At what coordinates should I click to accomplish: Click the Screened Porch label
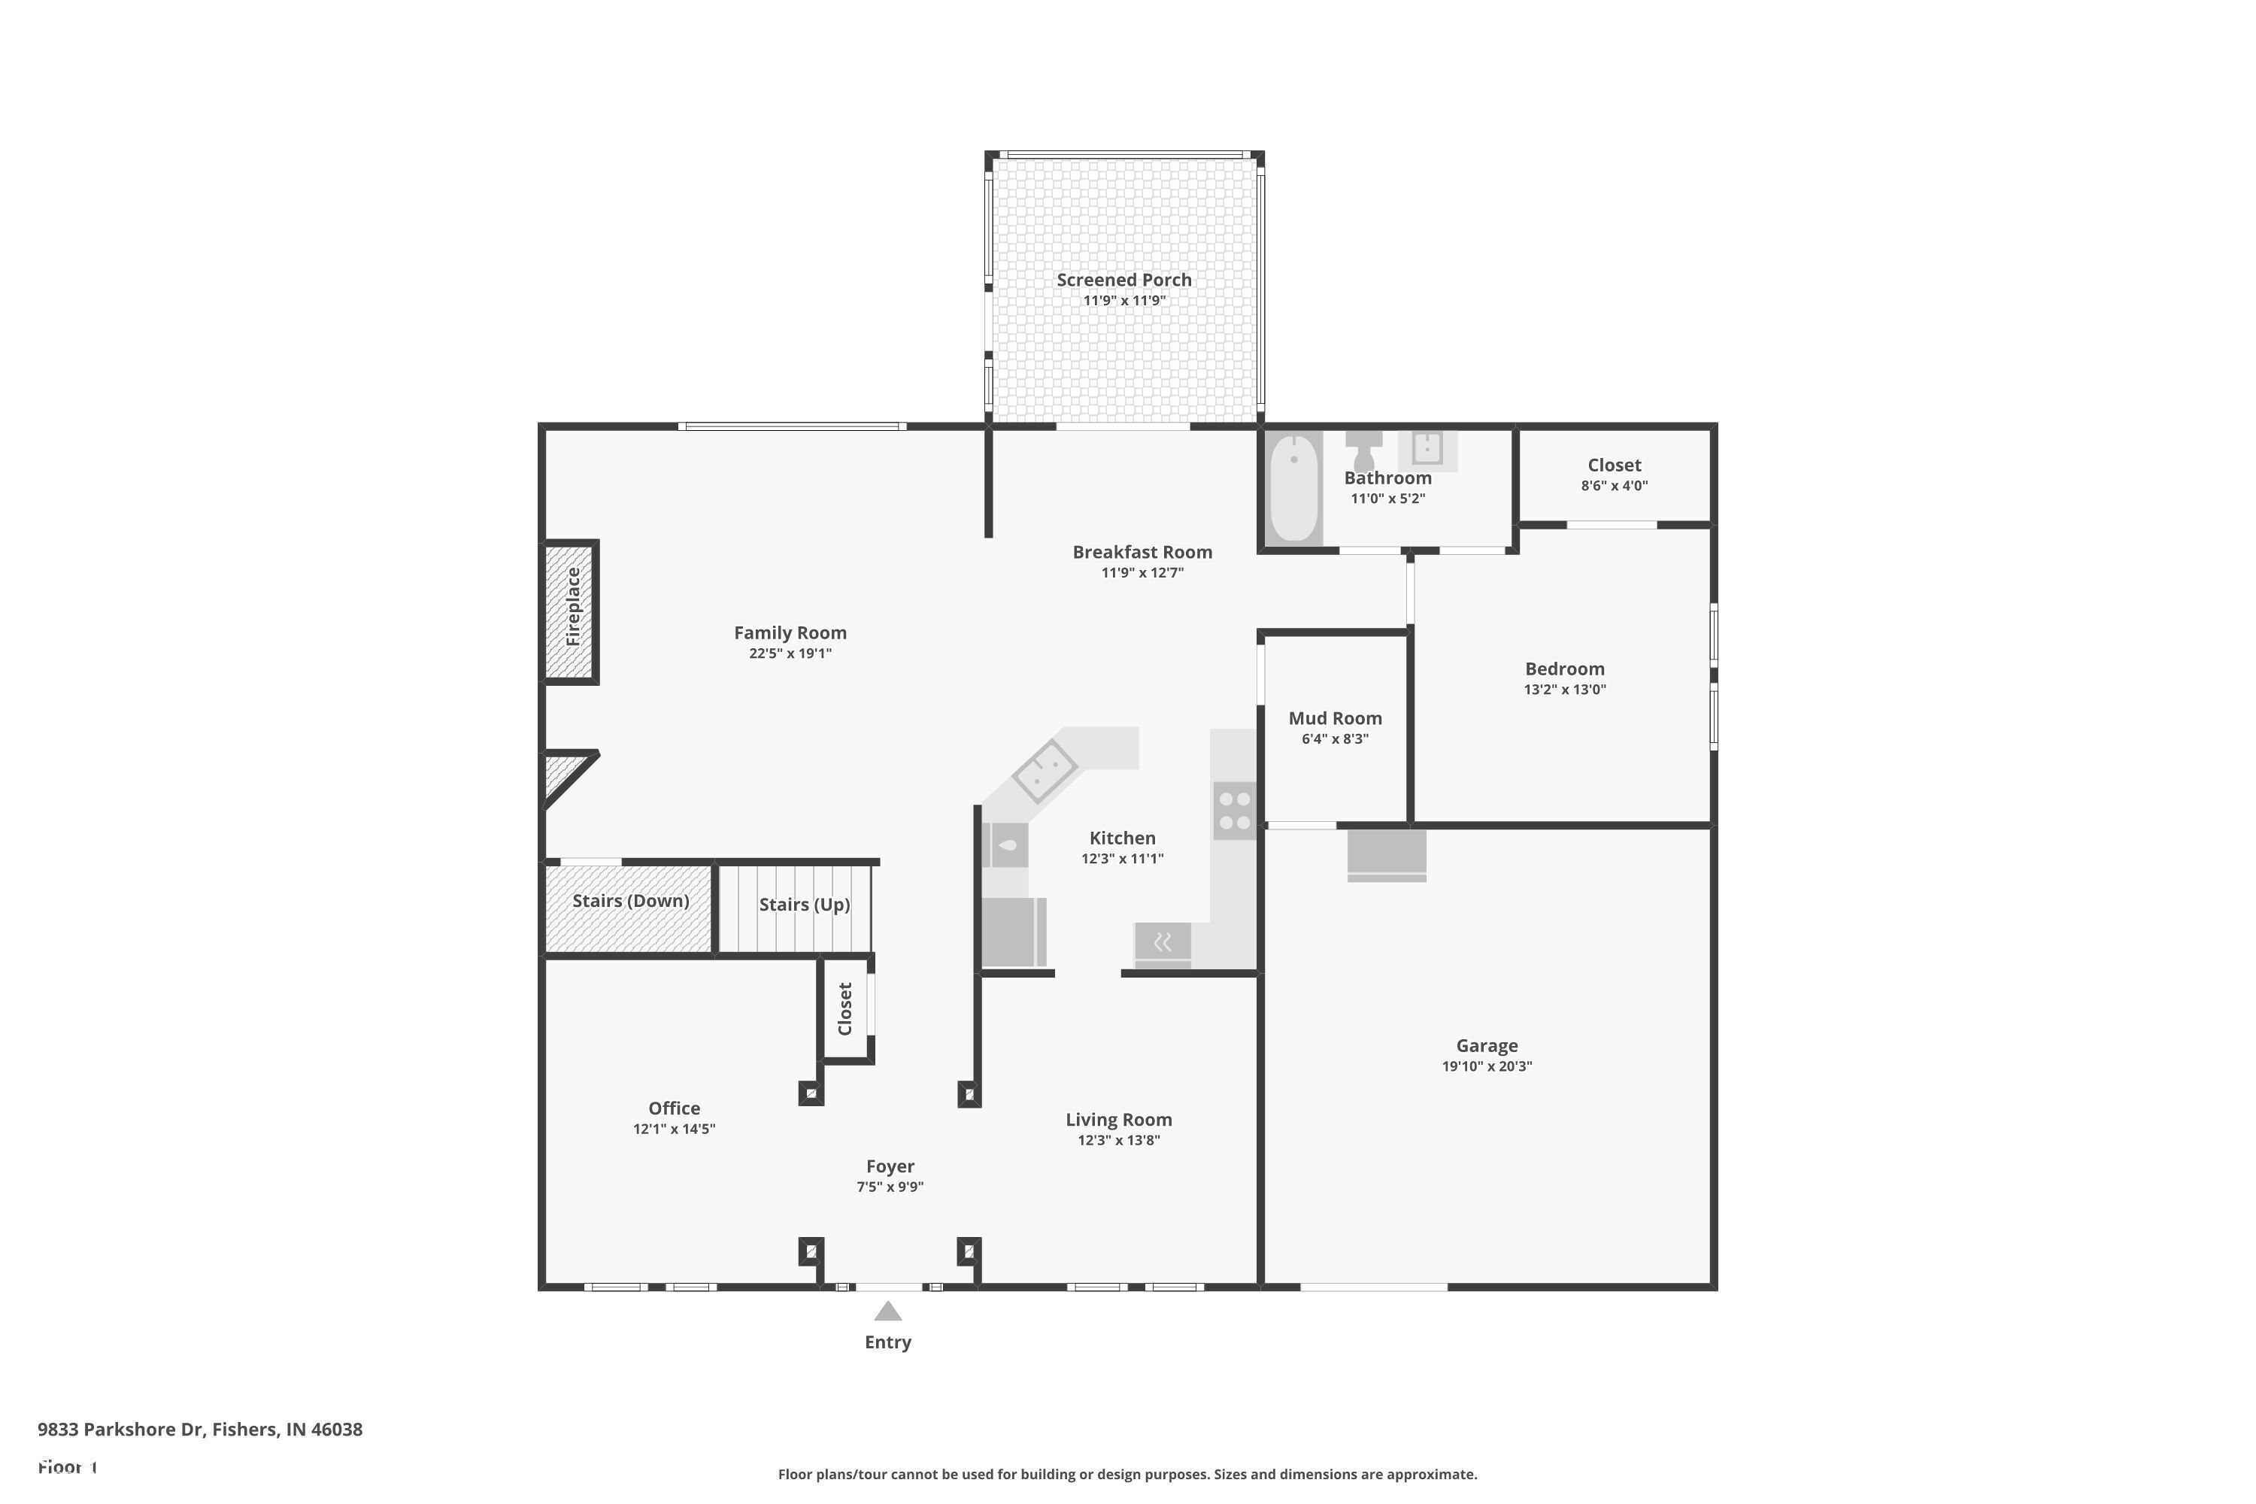point(1123,280)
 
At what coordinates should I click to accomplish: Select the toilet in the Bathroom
point(1363,450)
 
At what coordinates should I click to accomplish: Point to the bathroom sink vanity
point(1427,449)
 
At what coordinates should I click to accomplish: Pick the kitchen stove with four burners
point(1235,811)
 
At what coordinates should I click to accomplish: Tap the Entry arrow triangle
point(887,1311)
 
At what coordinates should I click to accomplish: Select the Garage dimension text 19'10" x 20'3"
point(1487,1066)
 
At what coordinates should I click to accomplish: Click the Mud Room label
point(1334,718)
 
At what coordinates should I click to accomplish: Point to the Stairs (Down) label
point(630,901)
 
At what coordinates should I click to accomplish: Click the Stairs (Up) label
point(804,905)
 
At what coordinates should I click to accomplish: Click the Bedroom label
point(1564,669)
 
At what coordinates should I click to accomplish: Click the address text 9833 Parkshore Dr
point(199,1430)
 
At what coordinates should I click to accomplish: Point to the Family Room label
point(790,633)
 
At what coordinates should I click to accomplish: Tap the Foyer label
point(889,1166)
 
